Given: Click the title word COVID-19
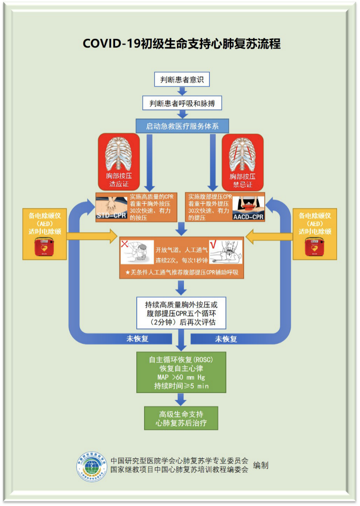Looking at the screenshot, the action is [111, 44].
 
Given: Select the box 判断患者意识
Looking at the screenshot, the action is [182, 80].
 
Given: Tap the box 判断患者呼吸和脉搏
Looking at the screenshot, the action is [182, 103].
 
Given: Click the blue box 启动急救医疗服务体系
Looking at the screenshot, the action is [182, 126].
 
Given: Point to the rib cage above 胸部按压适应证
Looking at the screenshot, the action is [119, 154].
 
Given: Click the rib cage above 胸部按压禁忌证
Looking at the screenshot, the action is [242, 154].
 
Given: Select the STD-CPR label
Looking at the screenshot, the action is [111, 215].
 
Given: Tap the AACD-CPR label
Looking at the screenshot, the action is [248, 217].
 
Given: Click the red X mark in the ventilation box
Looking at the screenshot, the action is [125, 243].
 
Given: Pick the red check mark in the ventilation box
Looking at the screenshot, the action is [213, 245].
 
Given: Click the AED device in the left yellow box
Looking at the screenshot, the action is [44, 247].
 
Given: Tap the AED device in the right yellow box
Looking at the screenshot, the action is [315, 247].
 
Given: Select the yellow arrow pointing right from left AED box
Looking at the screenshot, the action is [92, 236].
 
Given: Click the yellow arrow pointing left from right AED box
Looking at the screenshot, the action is [269, 237].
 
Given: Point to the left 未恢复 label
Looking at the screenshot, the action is [137, 339].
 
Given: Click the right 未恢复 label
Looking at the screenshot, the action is [226, 339].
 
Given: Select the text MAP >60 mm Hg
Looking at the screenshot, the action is [181, 377].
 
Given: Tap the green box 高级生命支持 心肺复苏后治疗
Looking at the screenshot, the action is [181, 418].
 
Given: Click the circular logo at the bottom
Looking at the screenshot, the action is [92, 467].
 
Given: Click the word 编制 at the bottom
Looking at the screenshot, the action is [260, 465].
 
